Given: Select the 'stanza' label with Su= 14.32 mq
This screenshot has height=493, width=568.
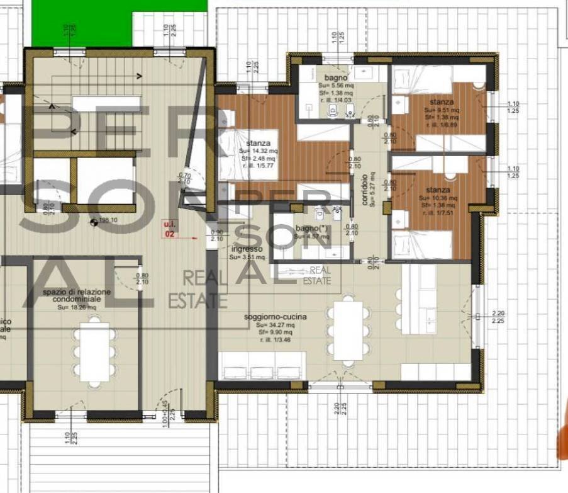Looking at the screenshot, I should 259,143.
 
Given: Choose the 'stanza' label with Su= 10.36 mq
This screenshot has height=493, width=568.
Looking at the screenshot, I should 437,190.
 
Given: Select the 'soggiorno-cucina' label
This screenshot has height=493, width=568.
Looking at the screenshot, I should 276,317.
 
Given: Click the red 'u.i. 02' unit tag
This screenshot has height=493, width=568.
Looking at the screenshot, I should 169,228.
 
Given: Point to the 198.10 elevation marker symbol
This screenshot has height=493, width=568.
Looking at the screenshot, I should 94,221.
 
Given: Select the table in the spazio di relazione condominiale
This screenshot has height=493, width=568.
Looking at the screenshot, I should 94,353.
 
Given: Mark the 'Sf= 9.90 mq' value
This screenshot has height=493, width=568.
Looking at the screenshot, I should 276,331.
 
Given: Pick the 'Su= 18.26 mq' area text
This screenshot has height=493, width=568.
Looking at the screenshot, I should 77,308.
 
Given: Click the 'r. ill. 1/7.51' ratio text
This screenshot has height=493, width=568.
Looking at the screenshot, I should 437,212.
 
